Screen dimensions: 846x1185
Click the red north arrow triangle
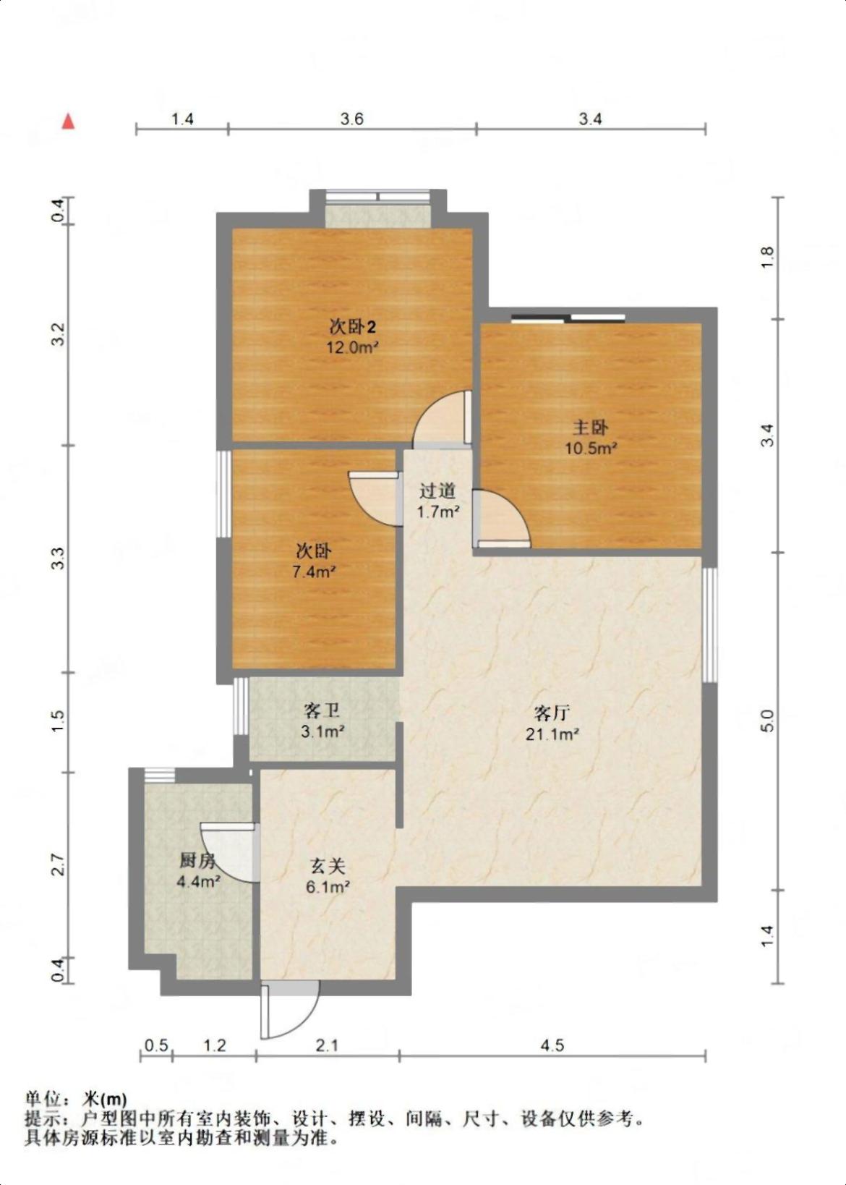pos(68,121)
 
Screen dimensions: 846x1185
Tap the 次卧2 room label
pos(353,327)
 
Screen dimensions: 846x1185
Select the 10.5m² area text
pos(591,449)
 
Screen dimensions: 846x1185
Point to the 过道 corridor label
pos(437,491)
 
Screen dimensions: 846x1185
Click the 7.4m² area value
pos(315,572)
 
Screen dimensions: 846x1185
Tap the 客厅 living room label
pos(552,713)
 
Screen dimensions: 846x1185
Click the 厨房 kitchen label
pos(197,861)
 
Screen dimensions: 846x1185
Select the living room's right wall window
pos(709,625)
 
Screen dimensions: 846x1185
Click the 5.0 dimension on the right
pos(769,721)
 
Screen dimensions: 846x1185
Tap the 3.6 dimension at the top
pos(351,119)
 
